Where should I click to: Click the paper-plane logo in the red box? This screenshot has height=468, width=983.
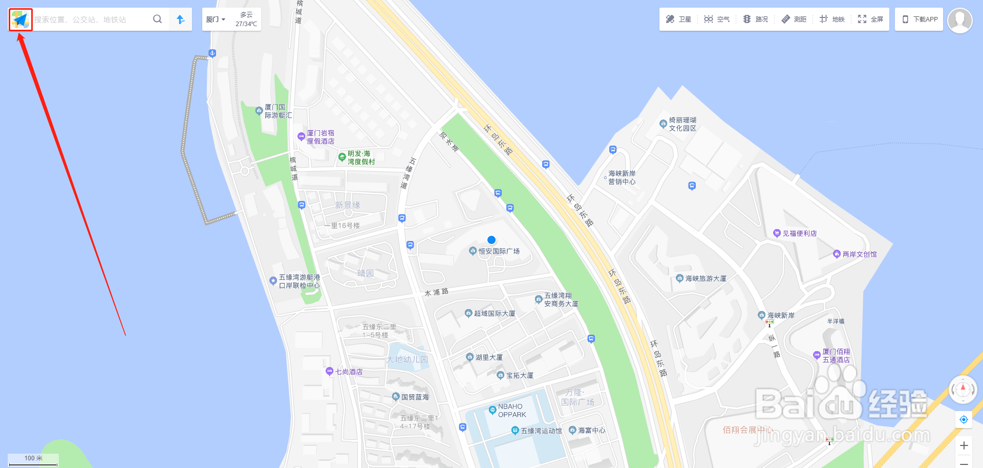coord(20,19)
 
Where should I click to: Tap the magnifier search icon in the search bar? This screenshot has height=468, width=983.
coord(157,19)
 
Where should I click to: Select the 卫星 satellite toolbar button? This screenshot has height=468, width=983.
coord(678,19)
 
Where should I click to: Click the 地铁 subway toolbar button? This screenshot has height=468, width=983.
coord(832,19)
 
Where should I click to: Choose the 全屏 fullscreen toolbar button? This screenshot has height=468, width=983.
coord(870,19)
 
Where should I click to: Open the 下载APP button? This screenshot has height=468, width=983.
coord(920,19)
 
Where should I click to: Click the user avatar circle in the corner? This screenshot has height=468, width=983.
coord(959,21)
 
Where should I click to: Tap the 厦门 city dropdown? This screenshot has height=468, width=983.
coord(216,19)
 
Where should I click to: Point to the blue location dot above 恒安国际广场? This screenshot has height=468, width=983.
coord(491,240)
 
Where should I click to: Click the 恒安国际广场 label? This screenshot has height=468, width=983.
coord(499,251)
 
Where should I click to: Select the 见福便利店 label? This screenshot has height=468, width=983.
coord(799,233)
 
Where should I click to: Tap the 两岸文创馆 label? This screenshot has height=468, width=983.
coord(859,254)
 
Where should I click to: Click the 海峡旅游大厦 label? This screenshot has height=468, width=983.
coord(706,278)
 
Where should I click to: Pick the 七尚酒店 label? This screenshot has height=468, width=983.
coord(349,372)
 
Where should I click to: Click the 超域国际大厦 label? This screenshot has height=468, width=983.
coord(494,313)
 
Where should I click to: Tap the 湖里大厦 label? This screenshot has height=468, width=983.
coord(488,357)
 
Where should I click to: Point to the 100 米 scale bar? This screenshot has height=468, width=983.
coord(33,459)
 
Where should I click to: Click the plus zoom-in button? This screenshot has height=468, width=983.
coord(964,445)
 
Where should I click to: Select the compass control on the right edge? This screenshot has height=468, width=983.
coord(963,390)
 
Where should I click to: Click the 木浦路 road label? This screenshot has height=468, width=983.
coord(436,292)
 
